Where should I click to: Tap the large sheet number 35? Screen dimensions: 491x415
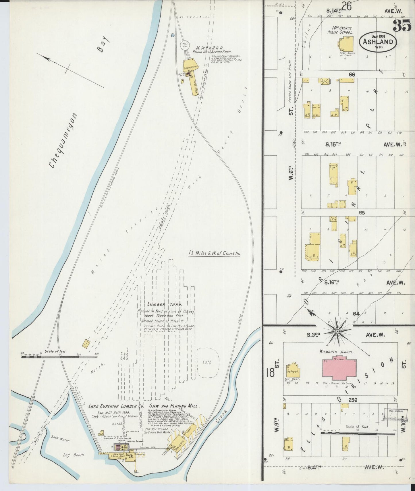(402, 26)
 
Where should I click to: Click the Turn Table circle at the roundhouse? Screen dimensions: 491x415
(185, 45)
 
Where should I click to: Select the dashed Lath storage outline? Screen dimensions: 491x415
(208, 362)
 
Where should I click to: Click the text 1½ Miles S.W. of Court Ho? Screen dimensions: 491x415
(215, 254)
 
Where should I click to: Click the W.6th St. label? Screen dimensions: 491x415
(291, 174)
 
